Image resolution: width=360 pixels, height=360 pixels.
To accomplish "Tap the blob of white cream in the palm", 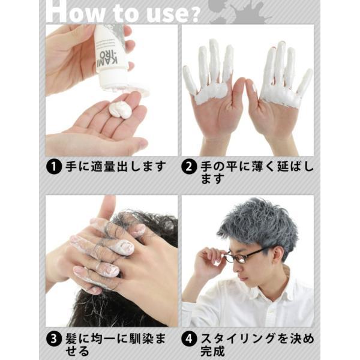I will coord(121,109).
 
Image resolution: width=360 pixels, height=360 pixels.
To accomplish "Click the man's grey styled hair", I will coord(258,225).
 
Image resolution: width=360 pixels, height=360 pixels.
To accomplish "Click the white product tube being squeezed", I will coord(111,54).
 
